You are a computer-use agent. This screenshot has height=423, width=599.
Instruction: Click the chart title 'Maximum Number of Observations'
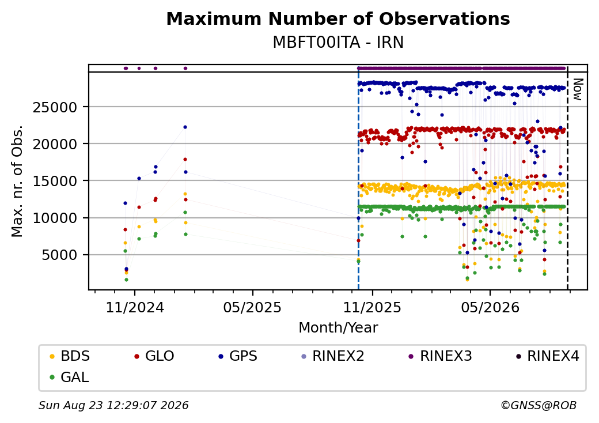(x=338, y=18)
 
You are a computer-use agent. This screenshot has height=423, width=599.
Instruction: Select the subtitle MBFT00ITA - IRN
(x=338, y=43)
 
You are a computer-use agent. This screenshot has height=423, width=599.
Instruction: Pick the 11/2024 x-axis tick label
(x=135, y=308)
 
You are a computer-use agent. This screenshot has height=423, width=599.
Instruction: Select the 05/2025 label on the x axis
(x=252, y=308)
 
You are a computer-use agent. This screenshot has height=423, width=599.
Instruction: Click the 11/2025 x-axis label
(x=373, y=308)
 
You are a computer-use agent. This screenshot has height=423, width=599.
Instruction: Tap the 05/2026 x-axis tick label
(x=491, y=308)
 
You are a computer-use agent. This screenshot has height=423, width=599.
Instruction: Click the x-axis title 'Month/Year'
(x=338, y=328)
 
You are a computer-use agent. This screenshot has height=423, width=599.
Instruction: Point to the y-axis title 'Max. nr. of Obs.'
(x=17, y=181)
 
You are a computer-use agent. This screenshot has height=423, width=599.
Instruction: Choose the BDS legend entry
(x=70, y=356)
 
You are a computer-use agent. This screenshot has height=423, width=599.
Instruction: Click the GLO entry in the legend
(x=154, y=356)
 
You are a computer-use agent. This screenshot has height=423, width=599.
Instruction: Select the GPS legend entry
(x=238, y=356)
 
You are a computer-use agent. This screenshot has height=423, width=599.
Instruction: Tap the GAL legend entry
(x=70, y=377)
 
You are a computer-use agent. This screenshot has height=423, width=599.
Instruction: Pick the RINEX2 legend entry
(x=333, y=356)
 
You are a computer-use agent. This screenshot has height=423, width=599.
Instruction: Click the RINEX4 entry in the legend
(x=548, y=356)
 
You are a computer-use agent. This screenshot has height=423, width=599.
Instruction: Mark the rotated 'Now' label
(x=578, y=90)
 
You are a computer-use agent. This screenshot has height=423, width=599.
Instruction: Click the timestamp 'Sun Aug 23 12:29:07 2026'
(x=113, y=405)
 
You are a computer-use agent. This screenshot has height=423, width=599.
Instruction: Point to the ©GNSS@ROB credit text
(x=539, y=405)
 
